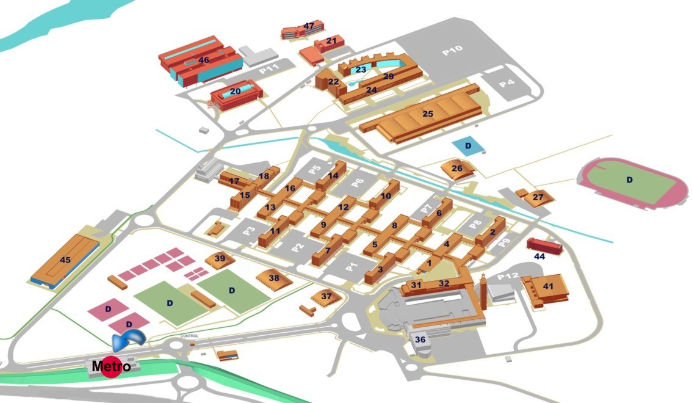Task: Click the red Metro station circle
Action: point(111,367)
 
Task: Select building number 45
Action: point(65,261)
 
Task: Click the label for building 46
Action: point(203,60)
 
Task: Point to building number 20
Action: point(236,95)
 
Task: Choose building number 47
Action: point(303,30)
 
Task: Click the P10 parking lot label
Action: point(452,51)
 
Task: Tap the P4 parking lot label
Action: point(506,82)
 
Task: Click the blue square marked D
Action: point(468,147)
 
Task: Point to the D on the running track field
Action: point(629,180)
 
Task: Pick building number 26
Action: point(458,169)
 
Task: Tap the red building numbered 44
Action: point(544,245)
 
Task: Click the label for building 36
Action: point(420,339)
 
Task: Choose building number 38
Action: point(274,280)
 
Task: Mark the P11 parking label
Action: point(269,68)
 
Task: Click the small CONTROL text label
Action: point(189,336)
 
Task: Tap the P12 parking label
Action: point(508,277)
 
